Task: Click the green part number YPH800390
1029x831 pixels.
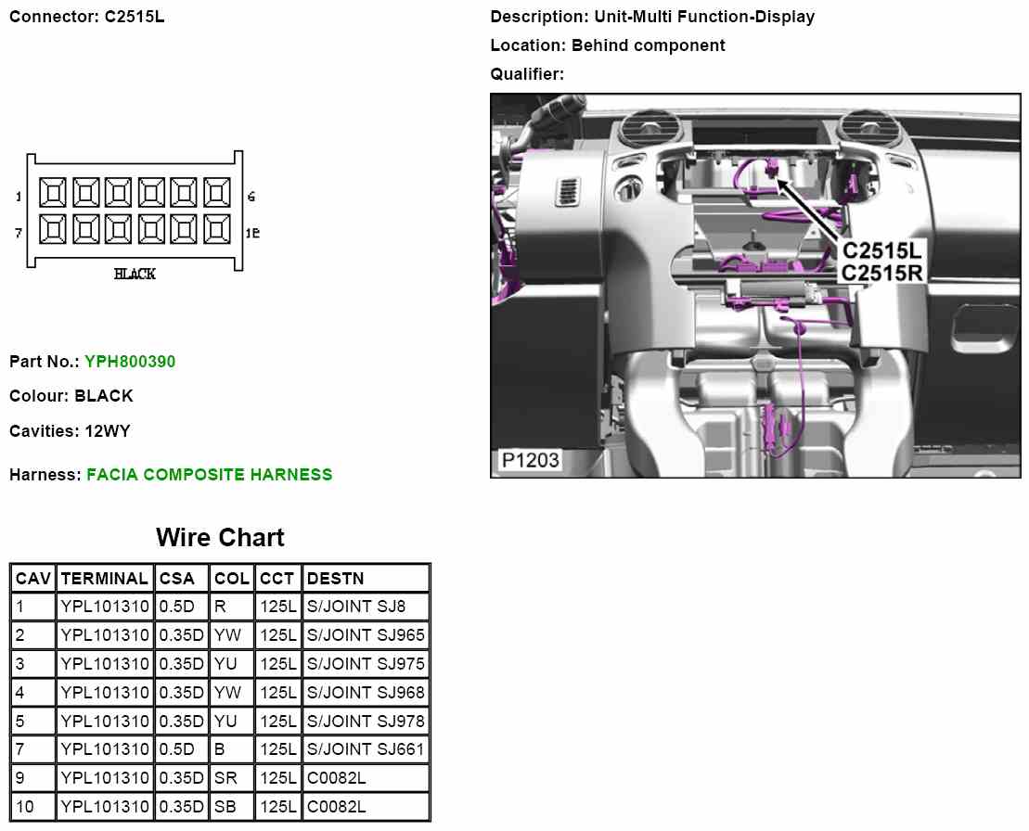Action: click(x=129, y=362)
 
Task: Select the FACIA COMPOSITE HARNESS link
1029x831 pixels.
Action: click(x=209, y=475)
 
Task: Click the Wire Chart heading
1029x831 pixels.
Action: click(x=220, y=538)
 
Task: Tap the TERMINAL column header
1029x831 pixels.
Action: click(x=104, y=579)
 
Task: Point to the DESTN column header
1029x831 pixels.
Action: click(x=335, y=579)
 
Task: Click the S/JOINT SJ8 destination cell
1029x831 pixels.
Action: click(x=355, y=607)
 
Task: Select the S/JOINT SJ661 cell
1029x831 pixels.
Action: click(x=366, y=749)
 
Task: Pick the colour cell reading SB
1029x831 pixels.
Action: click(x=225, y=807)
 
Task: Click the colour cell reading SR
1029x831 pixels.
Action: click(x=225, y=778)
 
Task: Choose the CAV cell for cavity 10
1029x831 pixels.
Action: click(x=25, y=807)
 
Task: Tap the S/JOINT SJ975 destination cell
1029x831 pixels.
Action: click(x=366, y=664)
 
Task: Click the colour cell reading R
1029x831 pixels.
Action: click(x=220, y=607)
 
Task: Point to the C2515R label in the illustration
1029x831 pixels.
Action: click(x=883, y=273)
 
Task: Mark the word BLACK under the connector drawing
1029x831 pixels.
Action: click(x=135, y=275)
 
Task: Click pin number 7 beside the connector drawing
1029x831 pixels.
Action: click(x=18, y=233)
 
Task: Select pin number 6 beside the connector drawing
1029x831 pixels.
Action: click(x=251, y=197)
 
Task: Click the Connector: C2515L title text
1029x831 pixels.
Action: click(x=87, y=17)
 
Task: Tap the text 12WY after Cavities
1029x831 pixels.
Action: click(x=109, y=431)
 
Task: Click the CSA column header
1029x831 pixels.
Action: click(x=177, y=579)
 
